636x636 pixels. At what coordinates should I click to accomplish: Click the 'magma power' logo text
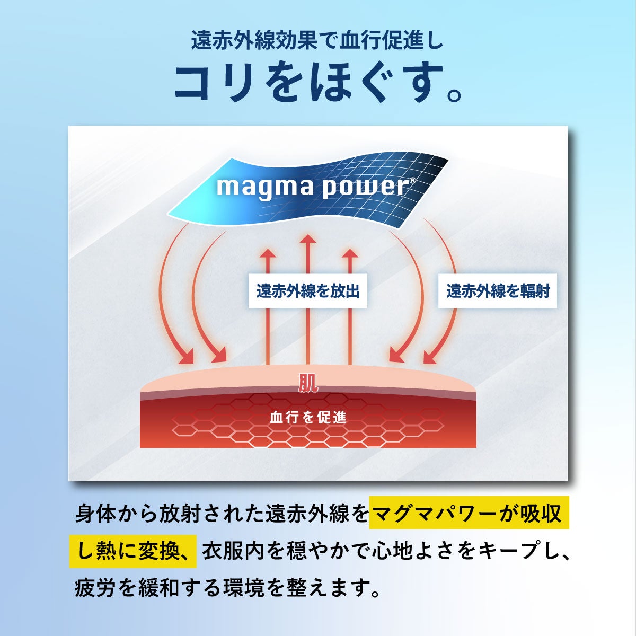point(312,188)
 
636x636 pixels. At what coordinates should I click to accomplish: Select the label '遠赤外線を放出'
point(307,291)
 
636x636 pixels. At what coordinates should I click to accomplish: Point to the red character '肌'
point(308,383)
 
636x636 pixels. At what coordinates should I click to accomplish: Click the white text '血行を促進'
point(308,418)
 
